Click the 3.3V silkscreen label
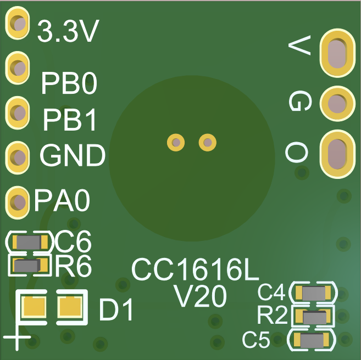pyautogui.click(x=68, y=31)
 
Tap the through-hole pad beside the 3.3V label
pyautogui.click(x=17, y=23)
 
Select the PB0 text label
pyautogui.click(x=69, y=83)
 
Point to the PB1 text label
pyautogui.click(x=69, y=120)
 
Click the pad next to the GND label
pyautogui.click(x=17, y=157)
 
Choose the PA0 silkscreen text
pyautogui.click(x=62, y=200)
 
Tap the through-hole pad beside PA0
pyautogui.click(x=17, y=203)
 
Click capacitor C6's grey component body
pyautogui.click(x=29, y=242)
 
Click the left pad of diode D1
pyautogui.click(x=34, y=307)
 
